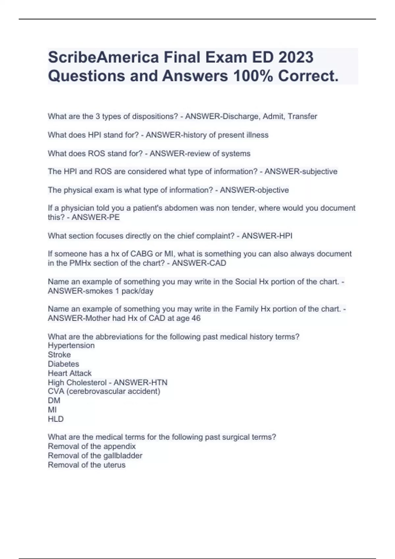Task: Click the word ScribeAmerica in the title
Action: point(103,58)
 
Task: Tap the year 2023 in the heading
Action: point(296,58)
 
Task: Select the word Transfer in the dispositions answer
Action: point(302,116)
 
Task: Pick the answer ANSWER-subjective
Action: point(301,172)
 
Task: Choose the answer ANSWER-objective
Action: point(254,190)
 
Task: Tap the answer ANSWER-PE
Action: point(95,217)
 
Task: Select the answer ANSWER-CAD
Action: point(199,263)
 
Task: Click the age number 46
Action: point(196,318)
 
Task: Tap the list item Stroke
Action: point(59,355)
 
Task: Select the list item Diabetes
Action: point(64,364)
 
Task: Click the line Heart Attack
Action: point(70,373)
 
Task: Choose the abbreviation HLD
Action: point(56,419)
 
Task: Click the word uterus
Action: point(114,465)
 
